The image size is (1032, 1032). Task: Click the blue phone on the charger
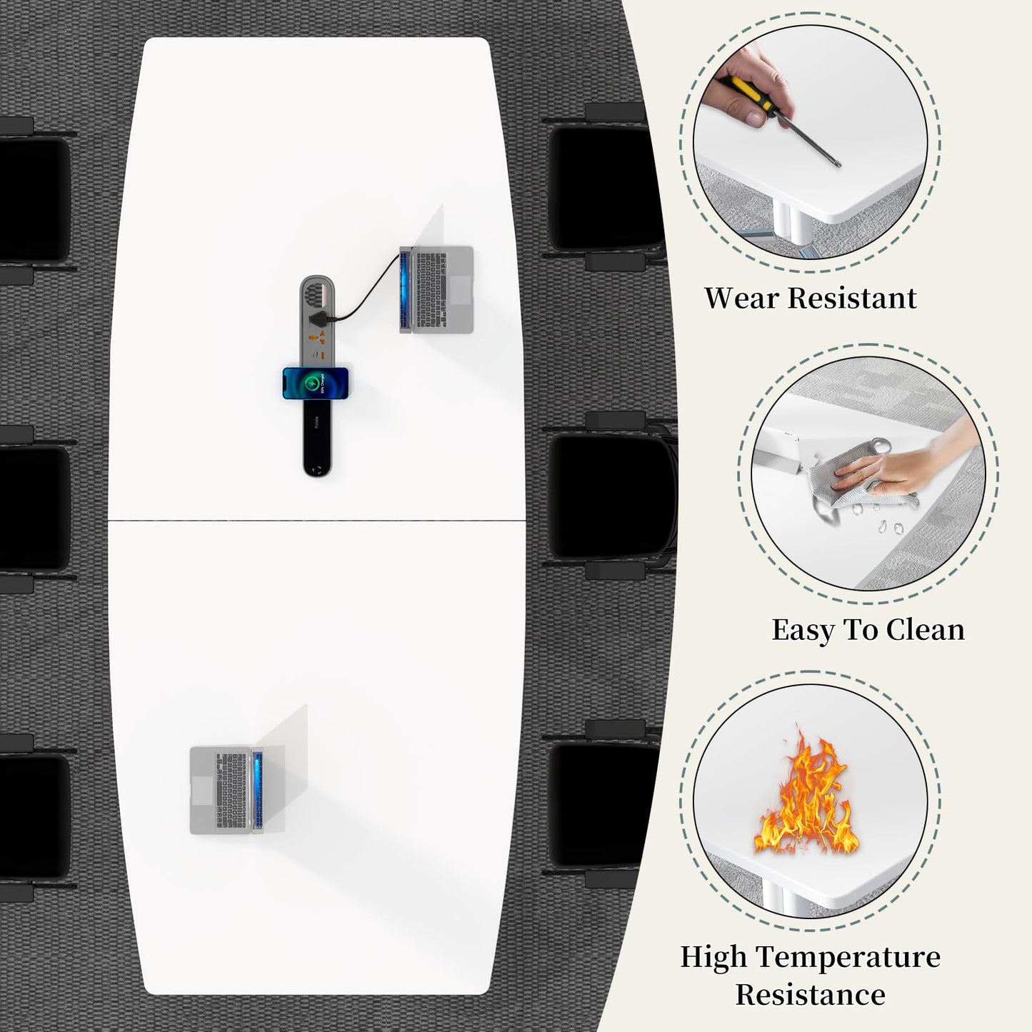pyautogui.click(x=316, y=383)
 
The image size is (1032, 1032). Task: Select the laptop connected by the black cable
pyautogui.click(x=436, y=290)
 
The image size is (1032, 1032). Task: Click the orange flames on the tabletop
pyautogui.click(x=806, y=793)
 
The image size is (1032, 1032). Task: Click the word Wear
pyautogui.click(x=741, y=298)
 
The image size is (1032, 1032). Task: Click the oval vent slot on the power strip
pyautogui.click(x=318, y=294)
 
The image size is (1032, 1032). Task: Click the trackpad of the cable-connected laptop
pyautogui.click(x=460, y=290)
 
